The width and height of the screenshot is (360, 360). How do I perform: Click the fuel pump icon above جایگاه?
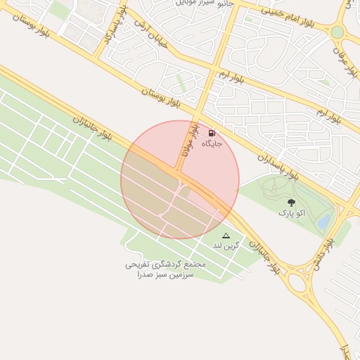212,132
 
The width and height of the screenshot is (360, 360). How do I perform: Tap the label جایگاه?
212,143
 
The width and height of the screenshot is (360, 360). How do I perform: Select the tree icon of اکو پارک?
291,202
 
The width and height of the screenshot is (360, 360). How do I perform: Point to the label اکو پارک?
291,212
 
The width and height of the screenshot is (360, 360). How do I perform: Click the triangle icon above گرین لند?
226,236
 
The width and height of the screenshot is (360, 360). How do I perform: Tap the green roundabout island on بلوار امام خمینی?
337,32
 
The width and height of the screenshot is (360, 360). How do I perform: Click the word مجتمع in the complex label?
193,264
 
